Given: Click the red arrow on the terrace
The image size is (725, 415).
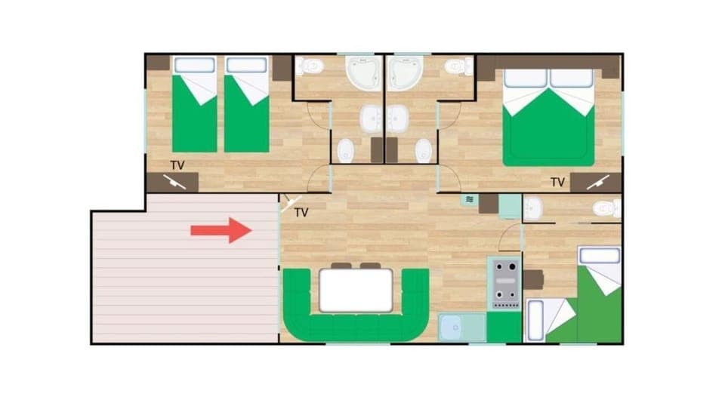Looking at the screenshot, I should coord(221,229).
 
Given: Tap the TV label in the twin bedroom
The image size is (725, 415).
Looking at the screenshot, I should coord(177,164).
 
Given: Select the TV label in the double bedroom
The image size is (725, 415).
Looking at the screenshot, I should coord(557,182).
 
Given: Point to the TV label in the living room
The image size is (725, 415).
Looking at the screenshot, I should coord(301,213).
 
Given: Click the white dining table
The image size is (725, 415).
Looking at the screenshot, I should coord(356,290).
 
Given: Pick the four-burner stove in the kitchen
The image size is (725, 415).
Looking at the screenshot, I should coord(505,282).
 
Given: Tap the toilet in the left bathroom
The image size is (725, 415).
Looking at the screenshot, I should coord(310,67).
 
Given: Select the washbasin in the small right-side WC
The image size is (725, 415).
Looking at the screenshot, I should coord(533,207).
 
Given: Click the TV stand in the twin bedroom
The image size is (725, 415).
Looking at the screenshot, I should coord(173,182).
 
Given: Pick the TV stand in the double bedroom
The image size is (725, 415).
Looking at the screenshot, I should coord(596,182).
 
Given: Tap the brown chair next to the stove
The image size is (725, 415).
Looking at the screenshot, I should coord(533,280).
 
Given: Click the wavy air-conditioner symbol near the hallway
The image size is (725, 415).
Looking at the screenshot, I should coord(470,200).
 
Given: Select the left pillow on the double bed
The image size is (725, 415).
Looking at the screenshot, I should coord(525,78).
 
